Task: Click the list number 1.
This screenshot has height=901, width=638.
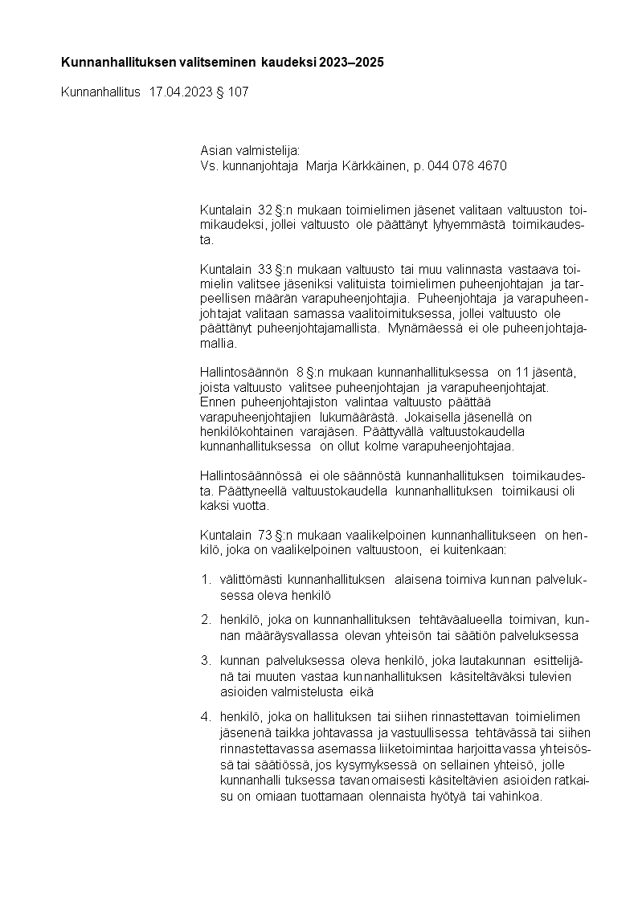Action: click(206, 580)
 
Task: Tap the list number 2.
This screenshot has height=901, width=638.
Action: click(206, 620)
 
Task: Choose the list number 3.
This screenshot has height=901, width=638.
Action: click(206, 660)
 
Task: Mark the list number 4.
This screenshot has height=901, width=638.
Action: click(206, 716)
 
